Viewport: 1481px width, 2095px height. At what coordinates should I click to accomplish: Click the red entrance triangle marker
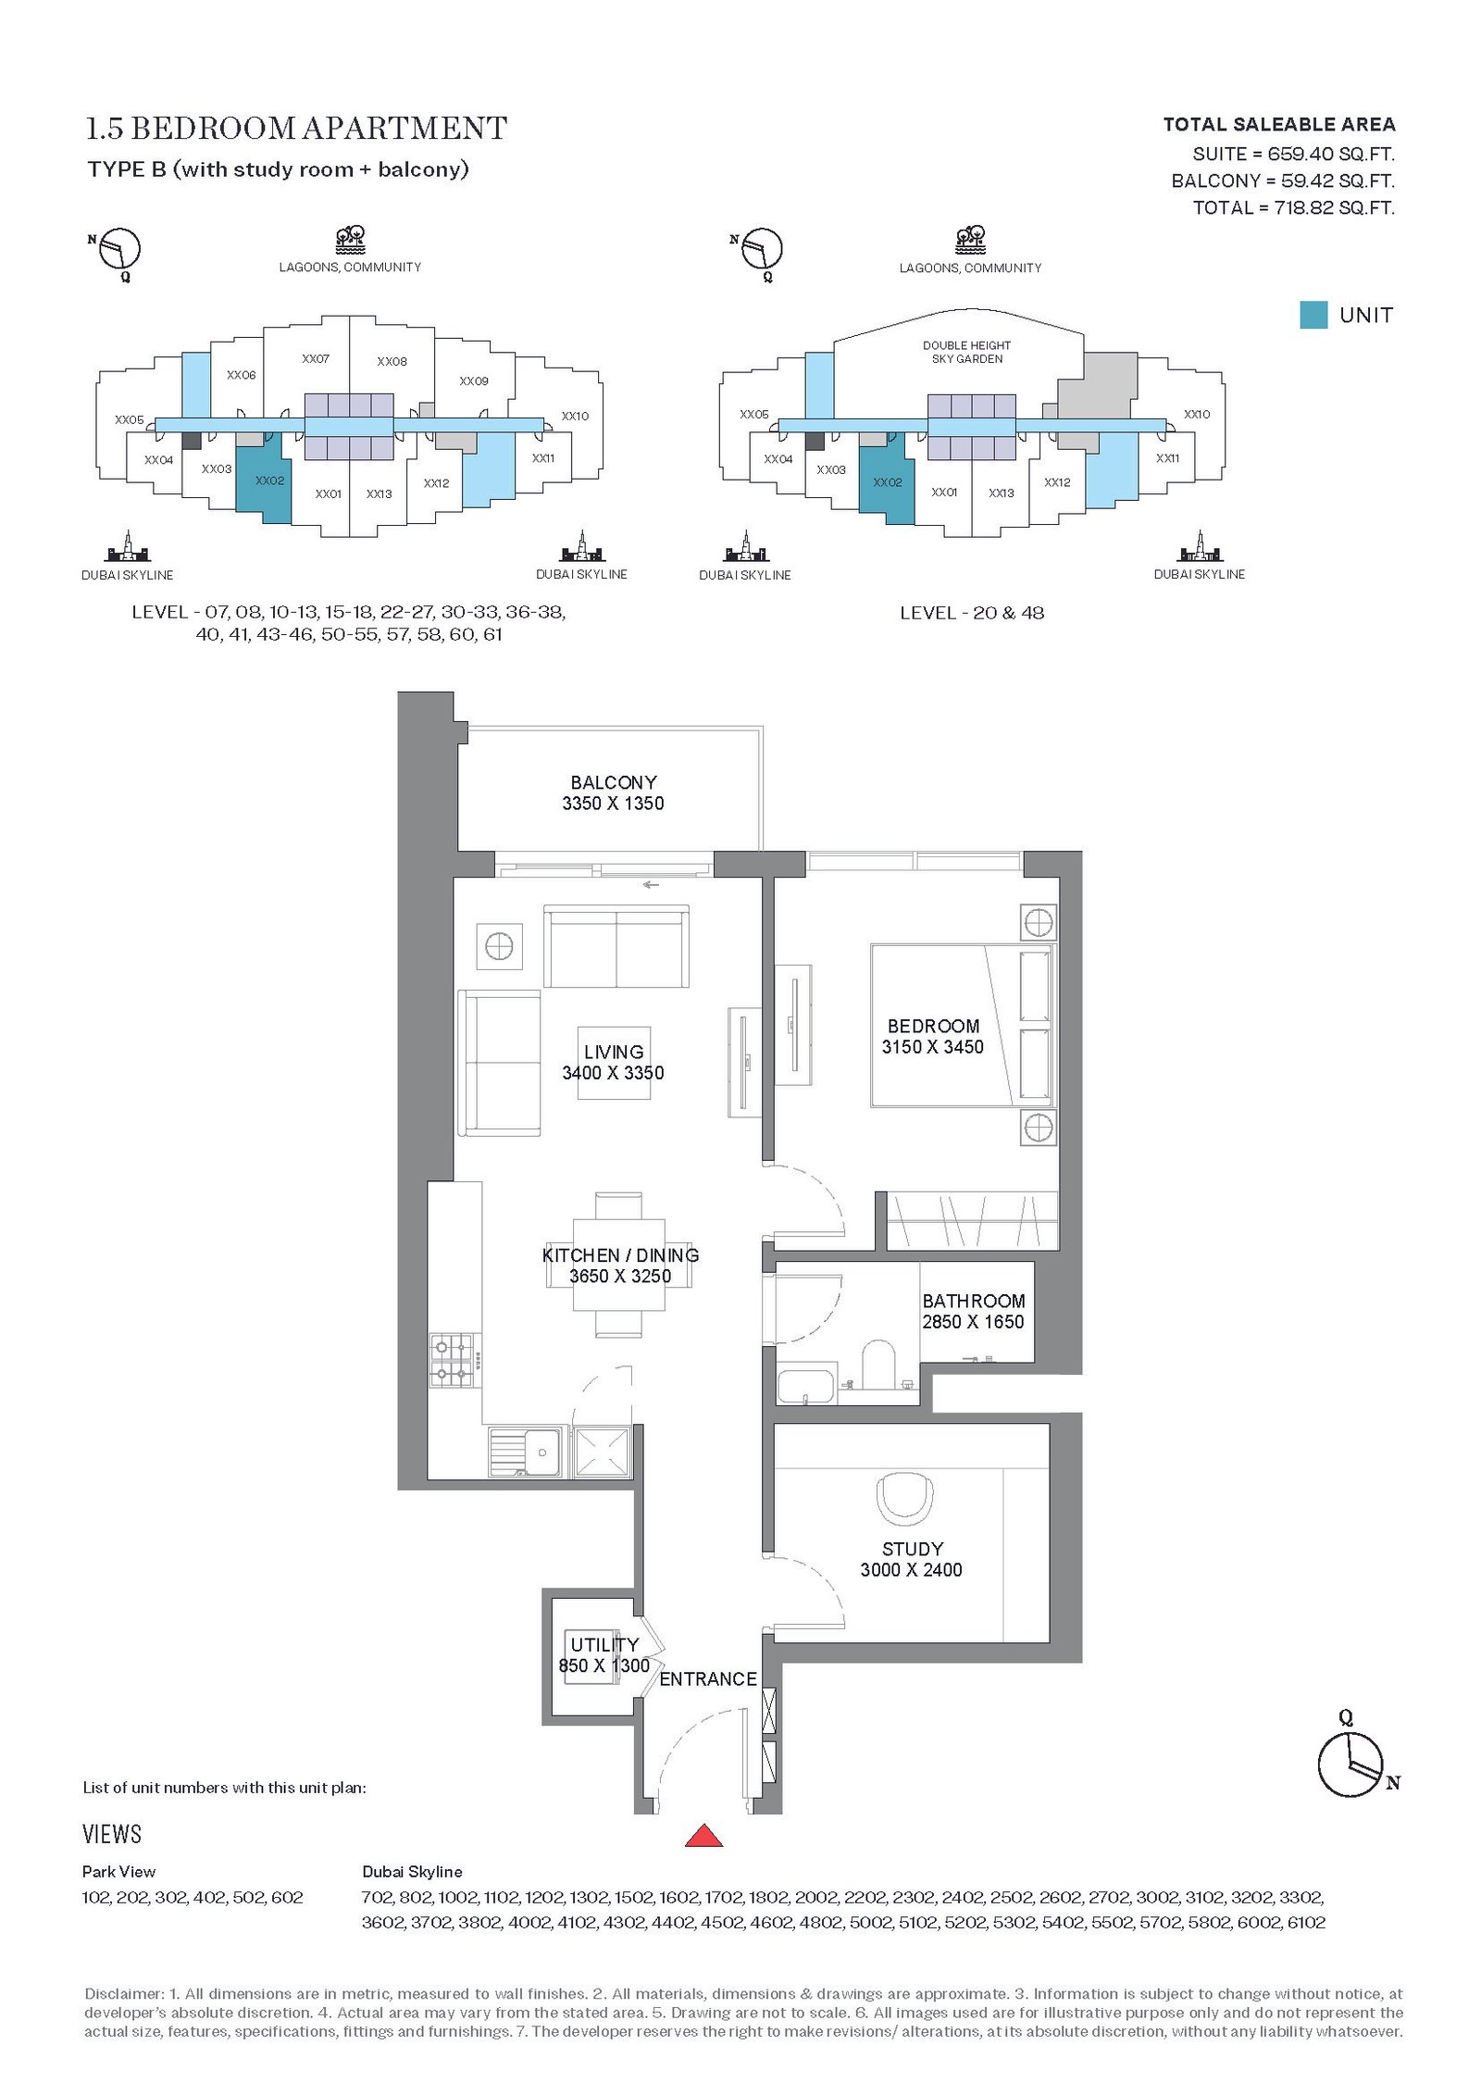[x=703, y=1835]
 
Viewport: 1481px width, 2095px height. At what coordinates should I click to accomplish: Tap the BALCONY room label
[x=613, y=782]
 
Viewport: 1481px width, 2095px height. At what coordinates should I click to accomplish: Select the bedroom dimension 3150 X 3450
[x=932, y=1047]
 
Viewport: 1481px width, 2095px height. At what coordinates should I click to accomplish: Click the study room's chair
[x=904, y=1498]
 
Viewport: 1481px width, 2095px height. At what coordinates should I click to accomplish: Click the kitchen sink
[x=525, y=1452]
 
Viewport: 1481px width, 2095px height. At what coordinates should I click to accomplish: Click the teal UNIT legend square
[x=1313, y=315]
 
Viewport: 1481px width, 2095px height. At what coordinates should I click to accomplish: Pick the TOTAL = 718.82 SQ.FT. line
[x=1293, y=207]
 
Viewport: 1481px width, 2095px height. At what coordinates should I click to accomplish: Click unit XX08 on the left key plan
[x=392, y=361]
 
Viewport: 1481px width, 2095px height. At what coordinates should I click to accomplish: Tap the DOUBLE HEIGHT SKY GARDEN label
[x=966, y=352]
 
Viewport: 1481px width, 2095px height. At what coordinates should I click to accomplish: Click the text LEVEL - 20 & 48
[x=972, y=613]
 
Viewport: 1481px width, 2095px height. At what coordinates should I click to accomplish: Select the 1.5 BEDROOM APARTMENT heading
[x=296, y=128]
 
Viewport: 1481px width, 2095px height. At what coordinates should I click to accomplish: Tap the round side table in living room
[x=499, y=947]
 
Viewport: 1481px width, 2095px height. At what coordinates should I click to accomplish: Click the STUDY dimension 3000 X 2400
[x=911, y=1569]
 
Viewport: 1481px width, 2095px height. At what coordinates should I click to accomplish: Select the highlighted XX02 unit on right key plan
[x=887, y=482]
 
